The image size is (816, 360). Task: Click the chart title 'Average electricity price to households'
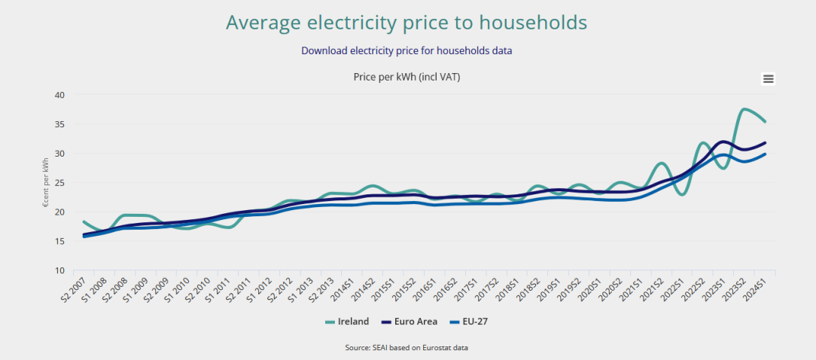[x=406, y=23]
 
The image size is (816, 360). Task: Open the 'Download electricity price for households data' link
[x=406, y=50]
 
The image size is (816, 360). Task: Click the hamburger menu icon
[x=769, y=79]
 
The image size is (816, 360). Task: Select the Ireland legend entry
[x=347, y=322]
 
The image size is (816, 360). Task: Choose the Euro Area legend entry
[x=410, y=322]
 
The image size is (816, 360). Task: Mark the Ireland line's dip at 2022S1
[x=682, y=194]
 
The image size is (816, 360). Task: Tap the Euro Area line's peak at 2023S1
[x=723, y=142]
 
